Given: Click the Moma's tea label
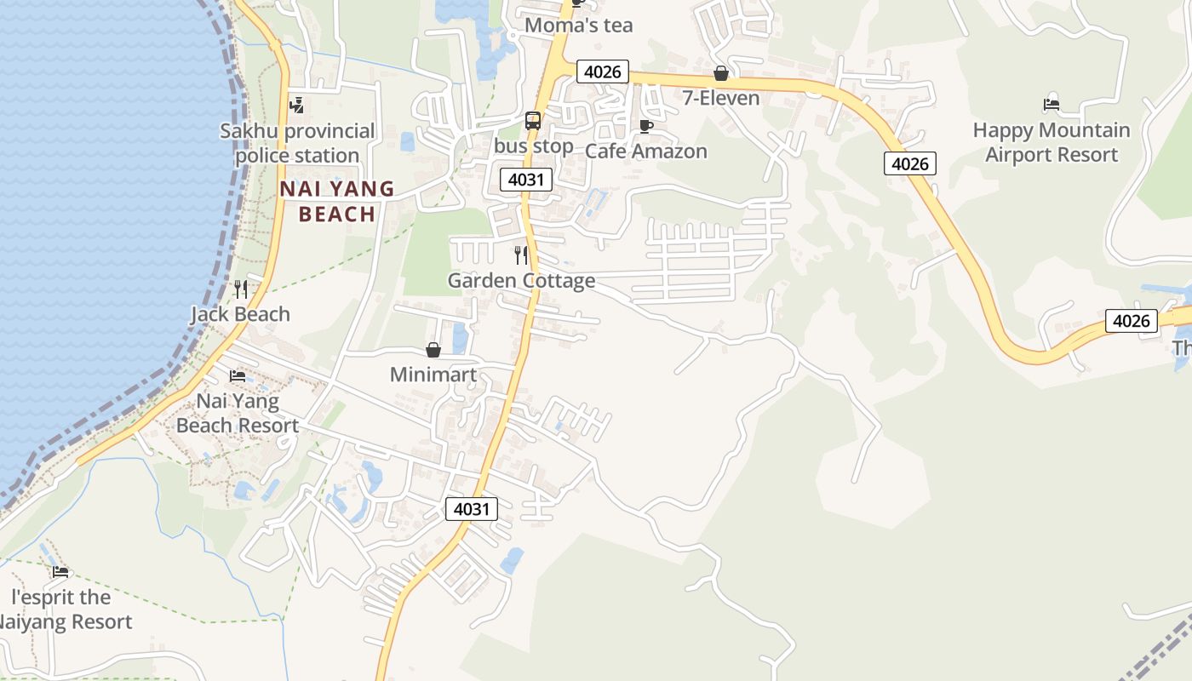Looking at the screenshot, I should click(x=578, y=26).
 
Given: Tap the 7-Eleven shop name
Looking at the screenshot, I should click(x=720, y=98).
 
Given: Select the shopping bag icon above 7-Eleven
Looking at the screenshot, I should click(x=721, y=74).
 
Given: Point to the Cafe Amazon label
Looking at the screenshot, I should click(x=645, y=151).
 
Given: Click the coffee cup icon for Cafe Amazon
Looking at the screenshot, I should click(x=645, y=127).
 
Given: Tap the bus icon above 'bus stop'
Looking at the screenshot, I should click(x=533, y=121).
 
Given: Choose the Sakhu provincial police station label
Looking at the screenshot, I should click(x=297, y=143).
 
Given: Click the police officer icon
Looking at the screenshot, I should click(x=296, y=106).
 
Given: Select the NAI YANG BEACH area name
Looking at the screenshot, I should click(x=337, y=201).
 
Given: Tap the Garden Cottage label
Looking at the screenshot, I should click(x=521, y=280).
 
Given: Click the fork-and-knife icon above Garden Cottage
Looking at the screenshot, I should click(x=521, y=255).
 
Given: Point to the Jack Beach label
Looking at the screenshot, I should click(x=240, y=314).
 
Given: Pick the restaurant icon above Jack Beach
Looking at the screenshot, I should click(x=240, y=289).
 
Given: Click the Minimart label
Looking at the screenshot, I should click(x=433, y=375).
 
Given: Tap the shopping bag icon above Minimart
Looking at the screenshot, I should click(x=433, y=350).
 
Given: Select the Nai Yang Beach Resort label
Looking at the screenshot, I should click(x=238, y=413).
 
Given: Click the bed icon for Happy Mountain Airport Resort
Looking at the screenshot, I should click(x=1052, y=105).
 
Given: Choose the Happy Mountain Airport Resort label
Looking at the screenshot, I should click(x=1052, y=142).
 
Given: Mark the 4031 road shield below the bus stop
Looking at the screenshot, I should click(x=526, y=180).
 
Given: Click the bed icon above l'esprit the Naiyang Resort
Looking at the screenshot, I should click(x=60, y=571).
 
